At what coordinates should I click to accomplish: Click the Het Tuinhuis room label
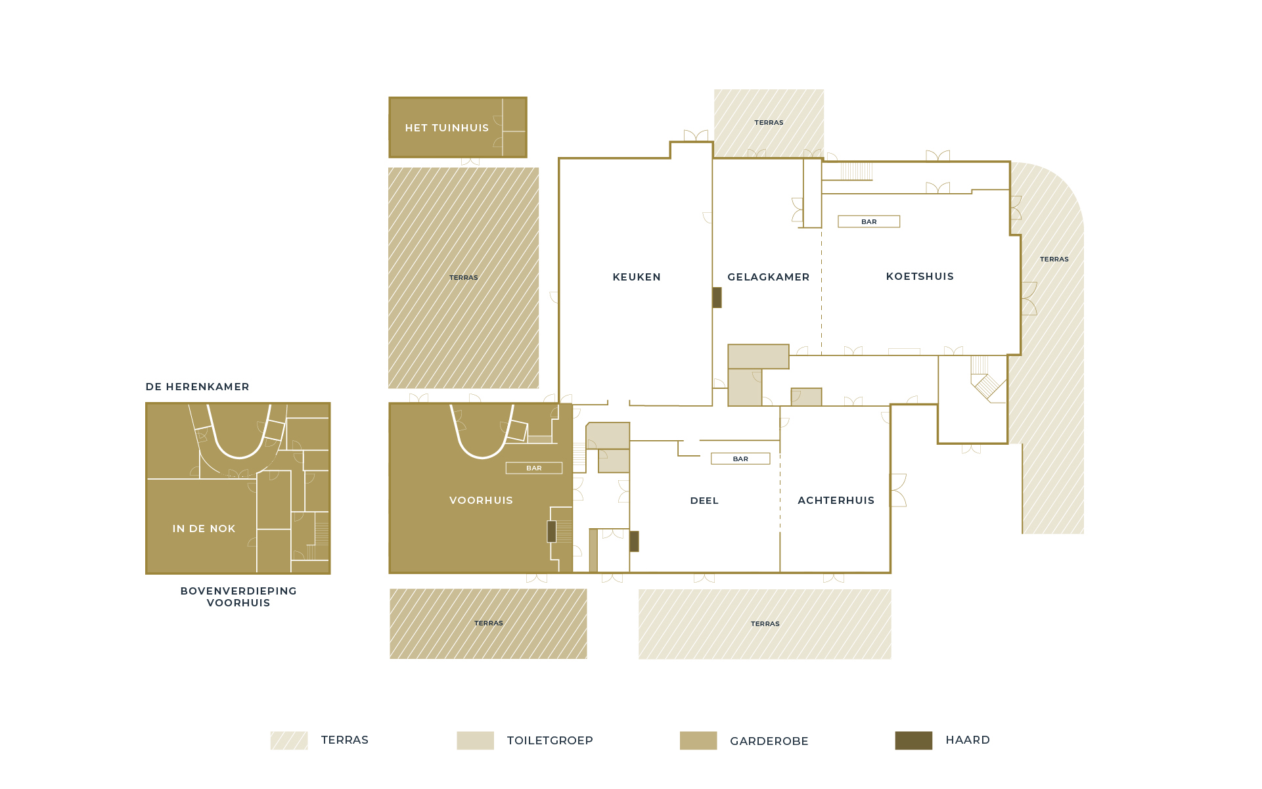[447, 128]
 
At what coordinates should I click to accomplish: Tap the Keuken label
[637, 277]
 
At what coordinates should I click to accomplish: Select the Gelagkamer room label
[768, 277]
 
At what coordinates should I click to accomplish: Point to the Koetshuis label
[920, 277]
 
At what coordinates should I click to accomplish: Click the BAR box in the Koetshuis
[868, 222]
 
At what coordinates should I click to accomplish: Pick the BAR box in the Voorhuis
[534, 468]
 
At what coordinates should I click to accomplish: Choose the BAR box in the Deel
[740, 459]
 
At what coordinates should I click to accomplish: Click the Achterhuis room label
[836, 501]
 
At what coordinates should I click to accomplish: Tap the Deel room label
[704, 501]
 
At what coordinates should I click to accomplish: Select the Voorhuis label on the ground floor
[481, 501]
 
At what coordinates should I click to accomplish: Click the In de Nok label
[204, 529]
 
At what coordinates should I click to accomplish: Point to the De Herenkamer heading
[197, 387]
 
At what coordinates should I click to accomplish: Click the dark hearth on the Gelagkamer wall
[717, 298]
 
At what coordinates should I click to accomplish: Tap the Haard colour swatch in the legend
[913, 740]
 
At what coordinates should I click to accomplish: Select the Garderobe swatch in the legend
[698, 740]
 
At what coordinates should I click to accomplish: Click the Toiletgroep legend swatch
[475, 740]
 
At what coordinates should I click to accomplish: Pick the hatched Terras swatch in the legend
[288, 740]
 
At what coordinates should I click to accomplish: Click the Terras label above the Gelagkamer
[769, 123]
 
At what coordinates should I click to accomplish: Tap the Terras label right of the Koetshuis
[1054, 259]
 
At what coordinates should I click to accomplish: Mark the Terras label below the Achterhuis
[765, 624]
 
